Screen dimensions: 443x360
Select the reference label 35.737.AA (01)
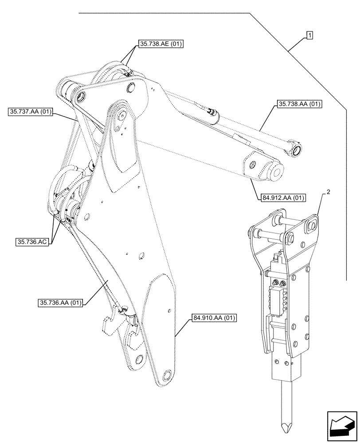(x=30, y=113)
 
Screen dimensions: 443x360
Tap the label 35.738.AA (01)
(x=299, y=105)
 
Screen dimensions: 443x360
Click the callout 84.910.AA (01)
(x=215, y=318)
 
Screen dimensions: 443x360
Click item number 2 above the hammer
(x=329, y=192)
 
